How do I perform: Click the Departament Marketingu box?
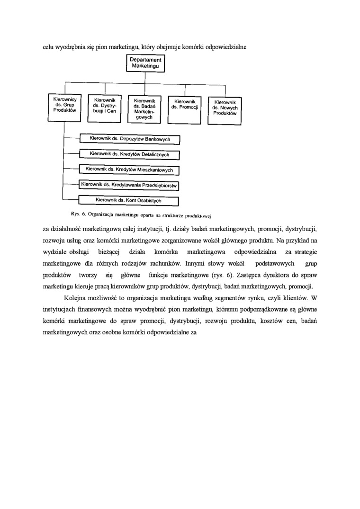[146, 64]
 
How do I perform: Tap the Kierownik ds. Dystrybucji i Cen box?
[105, 107]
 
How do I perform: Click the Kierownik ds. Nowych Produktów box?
[225, 108]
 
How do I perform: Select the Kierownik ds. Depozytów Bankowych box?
[130, 139]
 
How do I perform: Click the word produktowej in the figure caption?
[201, 215]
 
